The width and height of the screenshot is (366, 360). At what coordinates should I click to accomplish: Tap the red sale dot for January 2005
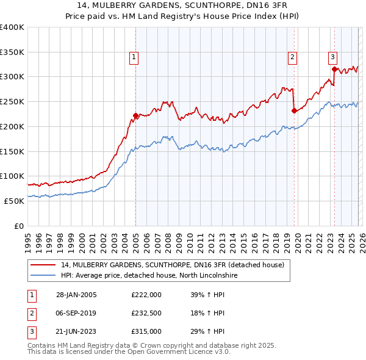[x=135, y=115]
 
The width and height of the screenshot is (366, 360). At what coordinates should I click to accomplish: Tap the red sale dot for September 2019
[x=294, y=110]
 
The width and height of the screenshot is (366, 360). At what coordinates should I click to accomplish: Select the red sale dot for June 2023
[x=334, y=70]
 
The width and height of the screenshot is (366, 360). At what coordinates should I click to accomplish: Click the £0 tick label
[x=18, y=226]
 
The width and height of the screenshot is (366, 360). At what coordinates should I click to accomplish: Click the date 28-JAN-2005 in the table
[x=76, y=294]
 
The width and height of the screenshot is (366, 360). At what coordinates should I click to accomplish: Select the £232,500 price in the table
[x=146, y=313]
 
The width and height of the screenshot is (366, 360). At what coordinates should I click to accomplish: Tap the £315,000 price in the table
[x=146, y=332]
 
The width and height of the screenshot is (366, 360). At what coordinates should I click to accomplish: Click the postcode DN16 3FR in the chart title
[x=265, y=5]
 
